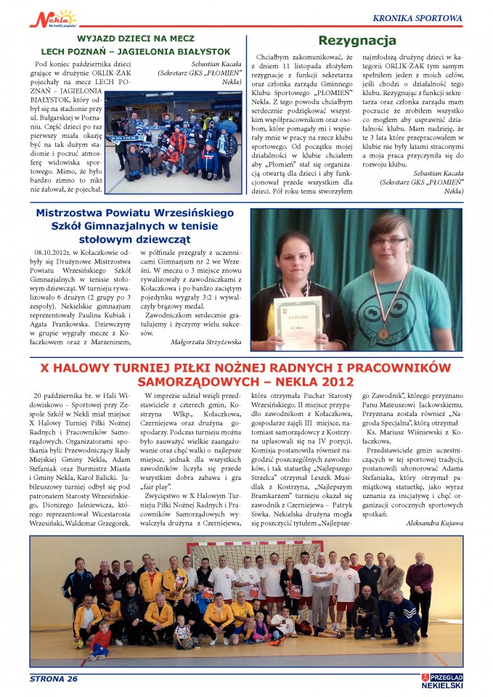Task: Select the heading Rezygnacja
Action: click(356, 41)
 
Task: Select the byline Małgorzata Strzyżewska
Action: click(205, 340)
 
